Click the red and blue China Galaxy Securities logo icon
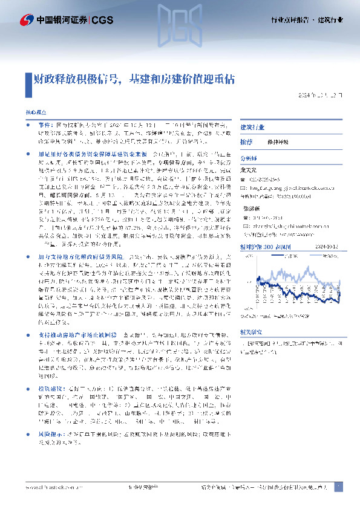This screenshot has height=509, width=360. click(x=26, y=21)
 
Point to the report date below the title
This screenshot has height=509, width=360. click(x=324, y=96)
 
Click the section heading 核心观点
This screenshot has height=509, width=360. click(x=35, y=113)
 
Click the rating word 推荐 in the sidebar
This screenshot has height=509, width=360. click(x=246, y=141)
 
